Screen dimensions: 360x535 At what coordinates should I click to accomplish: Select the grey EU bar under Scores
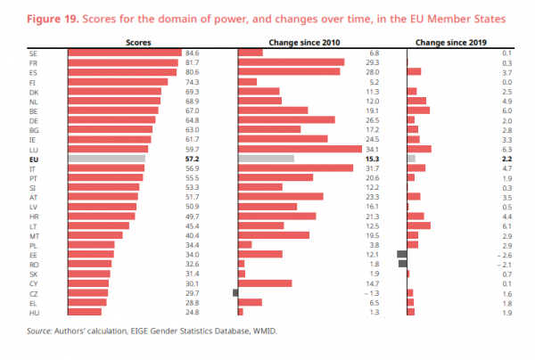tap(105, 158)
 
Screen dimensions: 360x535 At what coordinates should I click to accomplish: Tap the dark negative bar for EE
tap(401, 254)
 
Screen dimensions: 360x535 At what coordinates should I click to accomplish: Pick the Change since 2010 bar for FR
tap(291, 62)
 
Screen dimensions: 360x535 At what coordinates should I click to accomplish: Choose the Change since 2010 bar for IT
tap(295, 168)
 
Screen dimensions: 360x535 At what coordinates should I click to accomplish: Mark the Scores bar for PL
tap(91, 244)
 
